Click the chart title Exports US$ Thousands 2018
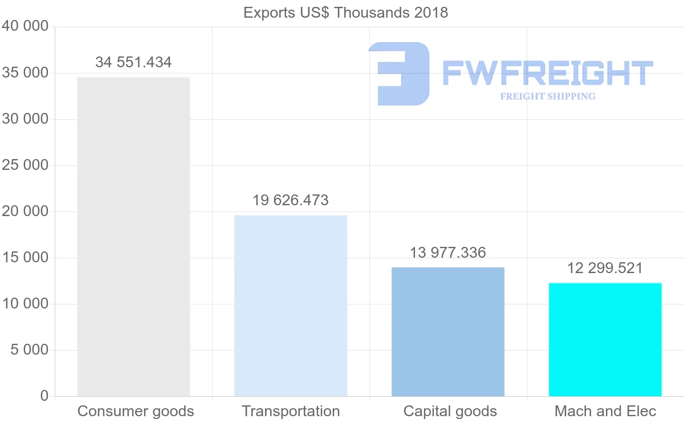coord(345,13)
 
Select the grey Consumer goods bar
coord(133,237)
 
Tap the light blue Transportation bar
coord(291,306)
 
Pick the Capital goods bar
coord(448,332)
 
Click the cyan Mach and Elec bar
coord(605,340)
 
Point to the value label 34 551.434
coord(133,62)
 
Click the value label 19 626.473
coord(291,200)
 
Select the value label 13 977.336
coord(448,253)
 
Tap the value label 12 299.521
coord(605,268)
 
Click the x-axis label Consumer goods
coord(136,411)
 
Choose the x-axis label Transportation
coord(291,411)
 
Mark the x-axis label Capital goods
coord(450,411)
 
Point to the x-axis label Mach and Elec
coord(605,411)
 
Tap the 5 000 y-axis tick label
coord(30,349)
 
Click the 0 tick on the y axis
coord(44,396)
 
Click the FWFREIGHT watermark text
coord(547,74)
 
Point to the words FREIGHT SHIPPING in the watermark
coord(548,96)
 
